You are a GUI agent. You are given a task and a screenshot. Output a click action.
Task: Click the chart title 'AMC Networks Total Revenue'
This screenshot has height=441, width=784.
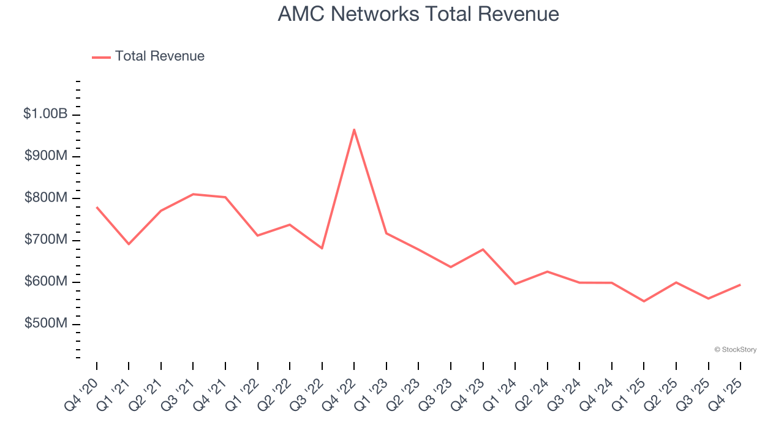click(x=418, y=13)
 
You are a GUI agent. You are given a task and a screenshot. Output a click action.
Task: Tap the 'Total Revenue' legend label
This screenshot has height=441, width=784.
click(x=159, y=56)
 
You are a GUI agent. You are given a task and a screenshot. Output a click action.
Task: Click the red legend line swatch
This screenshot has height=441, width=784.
click(x=101, y=57)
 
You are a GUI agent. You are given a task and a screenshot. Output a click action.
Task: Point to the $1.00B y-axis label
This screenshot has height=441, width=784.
click(x=45, y=114)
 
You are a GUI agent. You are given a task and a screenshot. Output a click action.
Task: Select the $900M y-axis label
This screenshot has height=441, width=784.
click(x=46, y=156)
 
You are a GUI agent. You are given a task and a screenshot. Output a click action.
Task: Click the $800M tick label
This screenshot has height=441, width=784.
click(x=46, y=198)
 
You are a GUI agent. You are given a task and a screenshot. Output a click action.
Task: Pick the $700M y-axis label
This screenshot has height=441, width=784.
click(x=46, y=239)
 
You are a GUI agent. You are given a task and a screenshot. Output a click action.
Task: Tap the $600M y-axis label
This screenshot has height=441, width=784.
click(x=46, y=282)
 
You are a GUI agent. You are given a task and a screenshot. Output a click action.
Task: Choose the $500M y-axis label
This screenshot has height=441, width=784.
click(x=46, y=323)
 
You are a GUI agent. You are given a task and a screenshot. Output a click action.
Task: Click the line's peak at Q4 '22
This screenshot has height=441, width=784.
click(x=354, y=129)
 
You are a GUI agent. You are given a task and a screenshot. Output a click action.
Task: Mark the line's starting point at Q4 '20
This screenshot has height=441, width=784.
click(x=97, y=208)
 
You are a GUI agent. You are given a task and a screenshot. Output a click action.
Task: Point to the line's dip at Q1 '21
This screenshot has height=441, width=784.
click(x=129, y=244)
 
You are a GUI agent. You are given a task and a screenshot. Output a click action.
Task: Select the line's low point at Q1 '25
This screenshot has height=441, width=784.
click(x=644, y=301)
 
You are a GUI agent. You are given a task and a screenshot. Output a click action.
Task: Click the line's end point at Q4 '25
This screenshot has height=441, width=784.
click(x=740, y=285)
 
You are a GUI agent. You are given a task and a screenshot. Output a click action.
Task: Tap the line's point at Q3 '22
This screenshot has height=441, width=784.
click(x=322, y=248)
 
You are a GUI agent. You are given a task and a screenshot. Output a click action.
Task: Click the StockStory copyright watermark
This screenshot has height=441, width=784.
click(x=735, y=350)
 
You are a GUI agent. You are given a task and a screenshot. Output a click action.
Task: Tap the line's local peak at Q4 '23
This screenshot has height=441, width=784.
click(x=483, y=249)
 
